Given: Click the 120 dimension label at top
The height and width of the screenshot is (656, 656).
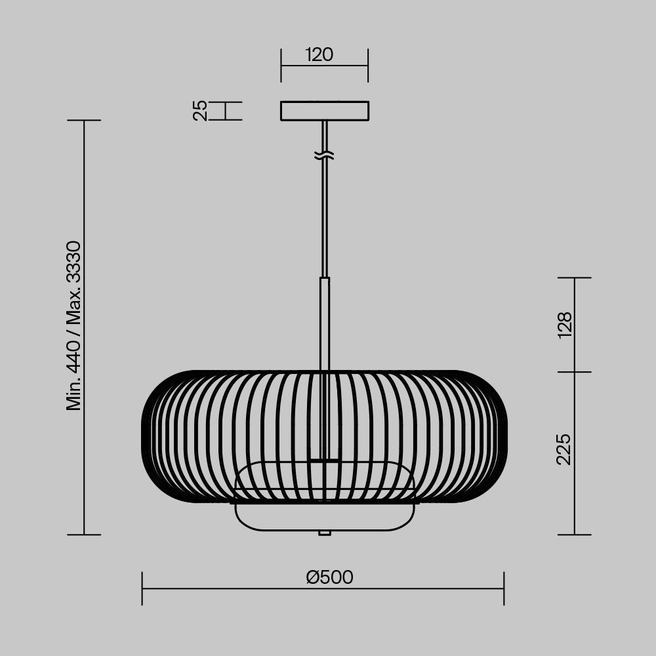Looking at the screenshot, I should point(319,54).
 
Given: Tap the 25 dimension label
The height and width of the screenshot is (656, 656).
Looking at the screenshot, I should point(201,110).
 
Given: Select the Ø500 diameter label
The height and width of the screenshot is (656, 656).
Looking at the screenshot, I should point(329,577).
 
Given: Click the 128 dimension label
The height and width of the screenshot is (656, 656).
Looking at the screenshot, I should point(564,325).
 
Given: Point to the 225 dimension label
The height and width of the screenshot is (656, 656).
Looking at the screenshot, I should point(564,449).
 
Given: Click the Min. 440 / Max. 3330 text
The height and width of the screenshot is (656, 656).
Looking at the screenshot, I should point(73,326).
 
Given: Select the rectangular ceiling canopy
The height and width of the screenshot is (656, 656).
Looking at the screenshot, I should point(324,111).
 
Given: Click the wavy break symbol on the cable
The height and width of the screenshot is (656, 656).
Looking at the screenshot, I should point(324,155).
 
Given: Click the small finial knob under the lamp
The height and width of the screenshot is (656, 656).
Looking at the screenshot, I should point(324,533).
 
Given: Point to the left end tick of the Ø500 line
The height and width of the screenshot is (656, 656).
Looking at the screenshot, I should point(142,588).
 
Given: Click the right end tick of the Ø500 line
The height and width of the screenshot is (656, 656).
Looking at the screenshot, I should point(504,588).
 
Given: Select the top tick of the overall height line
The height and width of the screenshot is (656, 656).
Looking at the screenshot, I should point(84,121).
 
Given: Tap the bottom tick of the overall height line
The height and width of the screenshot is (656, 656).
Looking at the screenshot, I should point(84,535).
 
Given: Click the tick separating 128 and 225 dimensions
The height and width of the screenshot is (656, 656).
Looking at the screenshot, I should point(575,372).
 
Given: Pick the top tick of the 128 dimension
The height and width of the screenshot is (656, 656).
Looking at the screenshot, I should point(575,278).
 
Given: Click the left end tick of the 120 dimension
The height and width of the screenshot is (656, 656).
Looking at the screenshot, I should point(281,65).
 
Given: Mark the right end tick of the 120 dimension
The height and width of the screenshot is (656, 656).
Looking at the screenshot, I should point(368,65).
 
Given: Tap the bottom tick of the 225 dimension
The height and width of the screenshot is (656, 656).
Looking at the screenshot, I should point(575,535).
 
